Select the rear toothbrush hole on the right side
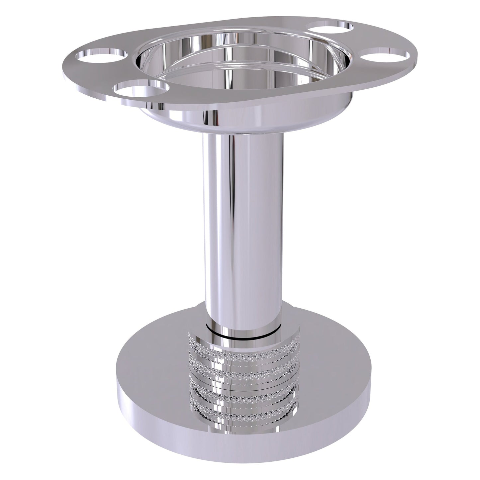(x=329, y=28)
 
